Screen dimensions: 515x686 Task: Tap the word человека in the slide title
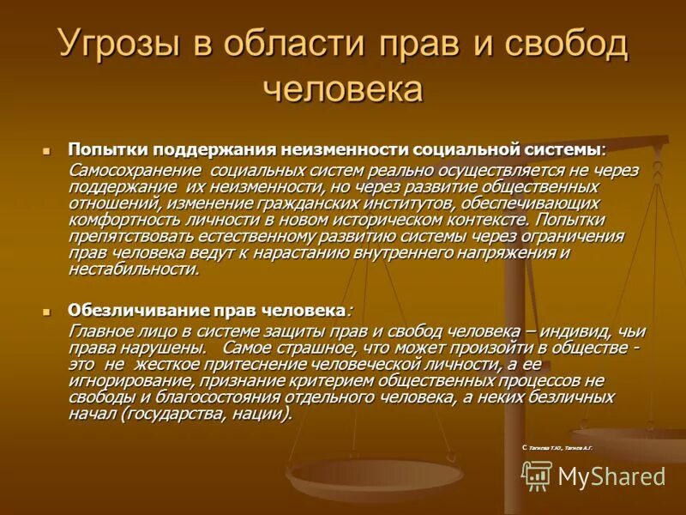342,88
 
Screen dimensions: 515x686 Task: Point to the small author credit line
557,448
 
